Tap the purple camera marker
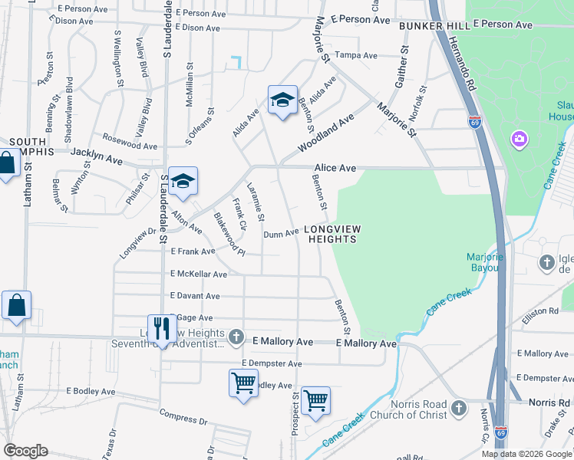pos(520,139)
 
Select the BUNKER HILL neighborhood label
pos(433,25)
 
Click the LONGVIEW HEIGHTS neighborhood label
pos(332,235)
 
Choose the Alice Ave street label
pos(335,168)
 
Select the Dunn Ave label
pos(281,232)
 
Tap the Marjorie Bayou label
pos(485,262)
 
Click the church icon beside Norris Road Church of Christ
pos(460,406)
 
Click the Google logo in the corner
pos(25,450)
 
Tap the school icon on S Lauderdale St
pos(183,181)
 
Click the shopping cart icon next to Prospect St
pos(315,400)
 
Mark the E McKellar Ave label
pos(199,274)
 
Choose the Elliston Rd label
pos(543,311)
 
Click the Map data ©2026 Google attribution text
pos(526,454)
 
